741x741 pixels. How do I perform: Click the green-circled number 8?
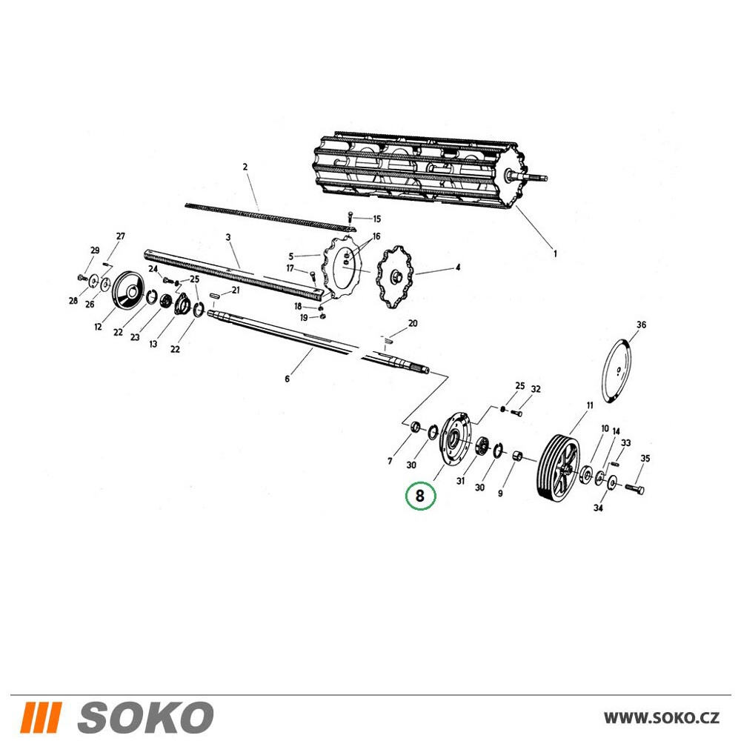[x=419, y=496]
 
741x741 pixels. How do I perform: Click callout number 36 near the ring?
[x=641, y=325]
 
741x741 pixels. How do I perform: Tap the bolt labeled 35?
[x=634, y=489]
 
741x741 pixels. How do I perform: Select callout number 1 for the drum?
[x=555, y=253]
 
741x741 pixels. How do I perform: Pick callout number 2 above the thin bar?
[x=245, y=167]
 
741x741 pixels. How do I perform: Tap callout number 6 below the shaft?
[x=287, y=379]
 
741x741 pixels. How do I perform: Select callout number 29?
[x=95, y=250]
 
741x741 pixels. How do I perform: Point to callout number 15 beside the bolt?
[x=376, y=219]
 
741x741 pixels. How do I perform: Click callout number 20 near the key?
[x=413, y=323]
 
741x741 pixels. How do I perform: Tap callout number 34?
[x=598, y=508]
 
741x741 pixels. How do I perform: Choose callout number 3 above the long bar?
[x=228, y=237]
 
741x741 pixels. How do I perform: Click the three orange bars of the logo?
[x=41, y=717]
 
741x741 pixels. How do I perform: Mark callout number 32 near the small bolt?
[x=536, y=389]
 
